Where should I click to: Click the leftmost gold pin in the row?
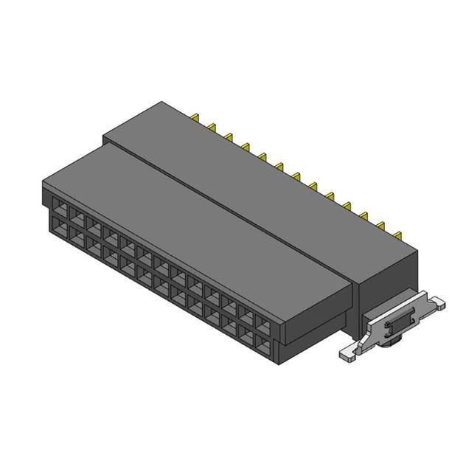tap(197, 118)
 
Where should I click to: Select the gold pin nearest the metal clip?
tap(398, 235)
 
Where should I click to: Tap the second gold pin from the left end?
tap(212, 127)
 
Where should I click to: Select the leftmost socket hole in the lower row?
tap(57, 222)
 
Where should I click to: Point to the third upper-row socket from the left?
tap(93, 221)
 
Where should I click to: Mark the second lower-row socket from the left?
tap(75, 233)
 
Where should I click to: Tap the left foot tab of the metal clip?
tap(347, 353)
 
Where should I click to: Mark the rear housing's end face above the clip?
tap(387, 277)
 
